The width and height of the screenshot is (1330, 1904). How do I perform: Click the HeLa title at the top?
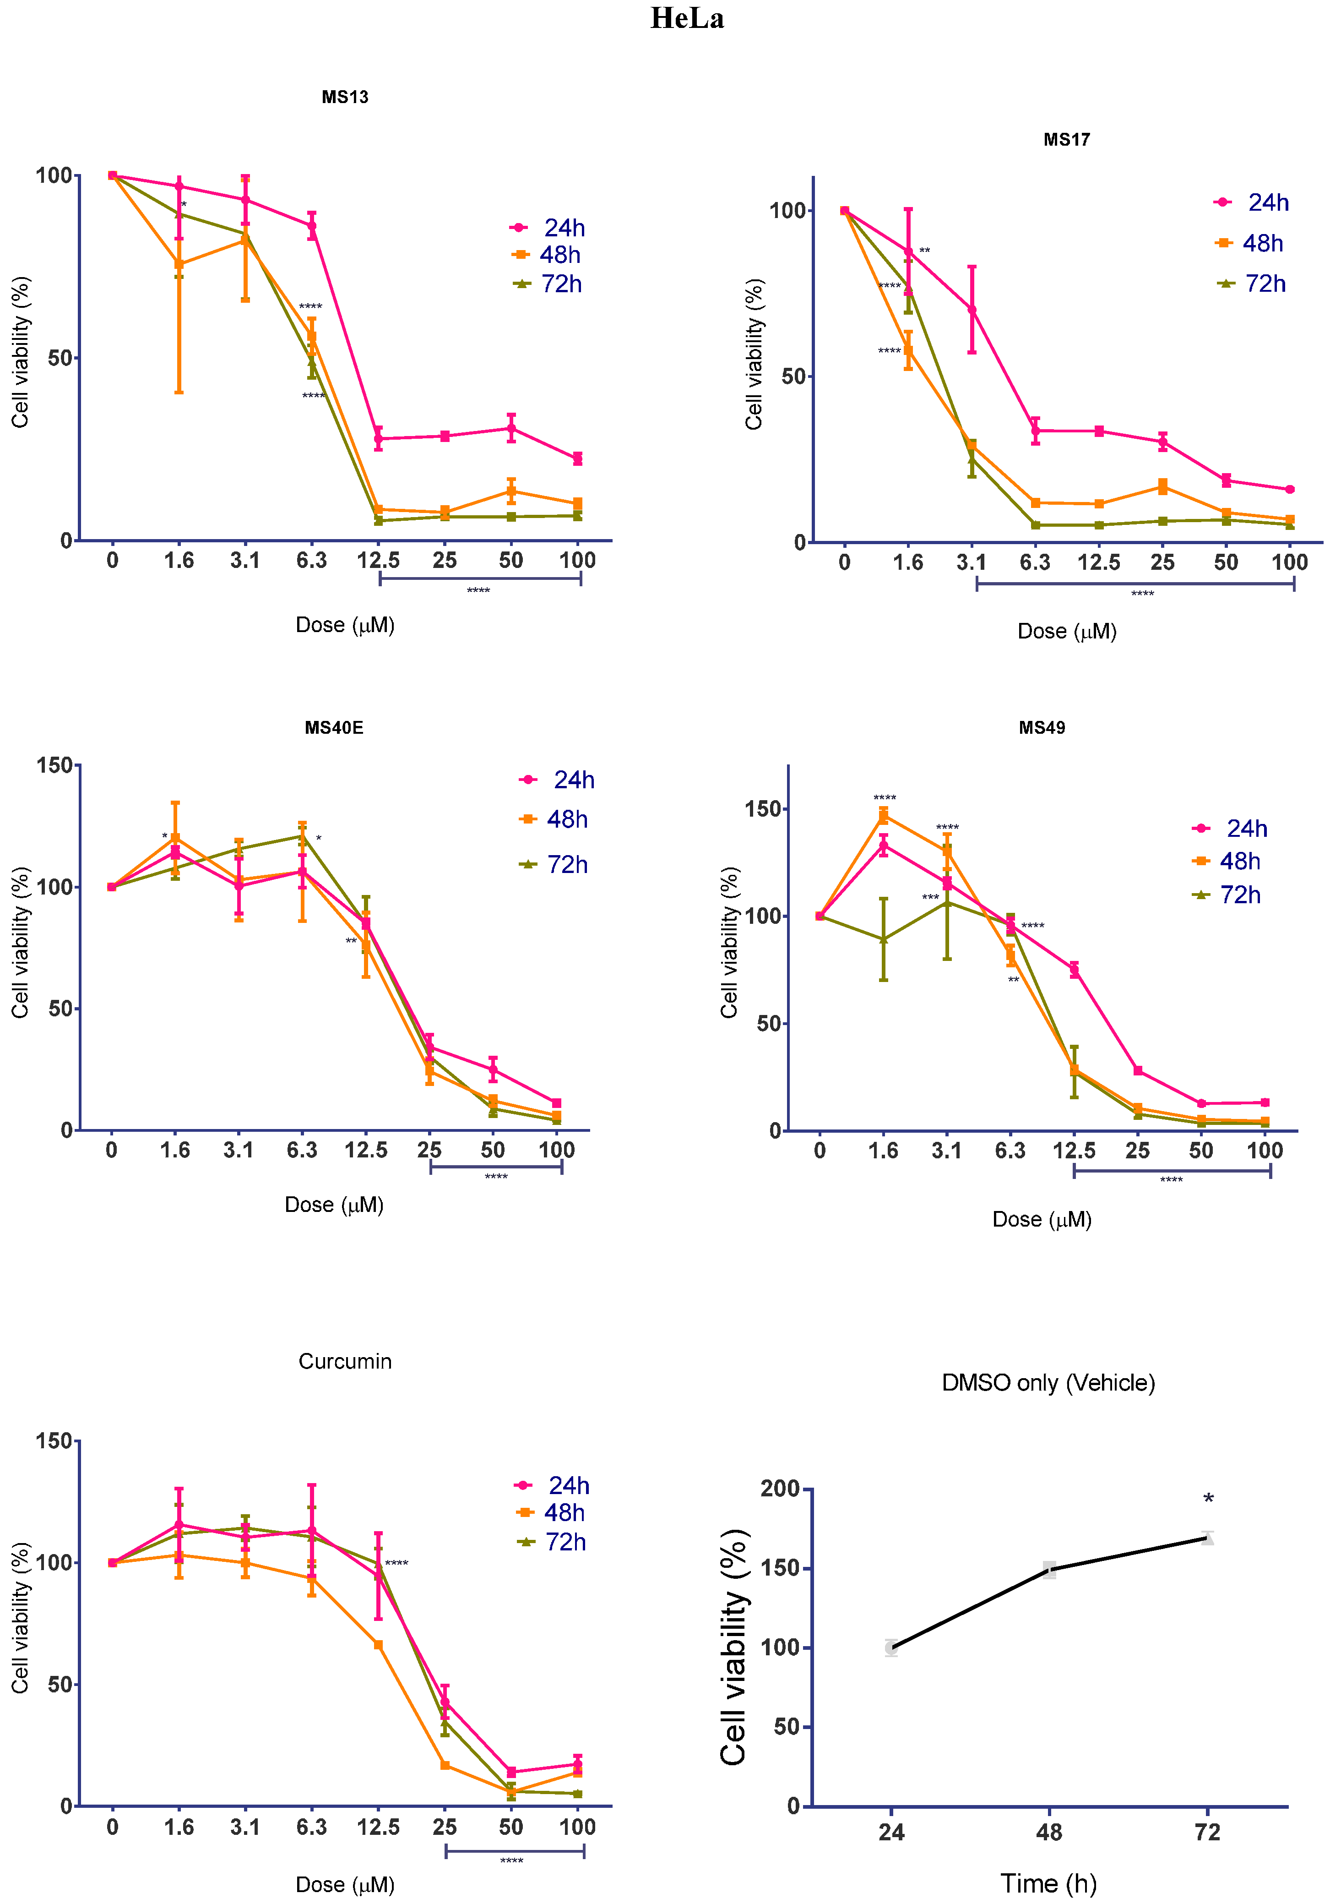[x=687, y=18]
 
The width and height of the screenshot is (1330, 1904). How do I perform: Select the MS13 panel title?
[x=345, y=97]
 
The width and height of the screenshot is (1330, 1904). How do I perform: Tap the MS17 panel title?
[x=1066, y=139]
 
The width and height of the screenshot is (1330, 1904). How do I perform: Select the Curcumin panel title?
[x=345, y=1361]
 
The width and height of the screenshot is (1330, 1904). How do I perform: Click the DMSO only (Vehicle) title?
[x=1048, y=1382]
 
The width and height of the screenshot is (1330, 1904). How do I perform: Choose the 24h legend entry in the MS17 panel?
[x=1252, y=202]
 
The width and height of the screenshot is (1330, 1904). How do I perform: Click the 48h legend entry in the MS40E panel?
[x=554, y=819]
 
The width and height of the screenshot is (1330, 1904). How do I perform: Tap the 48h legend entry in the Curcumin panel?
[x=551, y=1512]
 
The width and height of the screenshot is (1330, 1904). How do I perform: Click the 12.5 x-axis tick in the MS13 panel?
[x=378, y=561]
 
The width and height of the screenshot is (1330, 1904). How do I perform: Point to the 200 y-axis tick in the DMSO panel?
[x=780, y=1489]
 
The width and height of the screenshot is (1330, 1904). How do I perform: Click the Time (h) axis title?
[x=1048, y=1882]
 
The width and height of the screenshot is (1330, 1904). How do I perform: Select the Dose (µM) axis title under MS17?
[x=1066, y=631]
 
